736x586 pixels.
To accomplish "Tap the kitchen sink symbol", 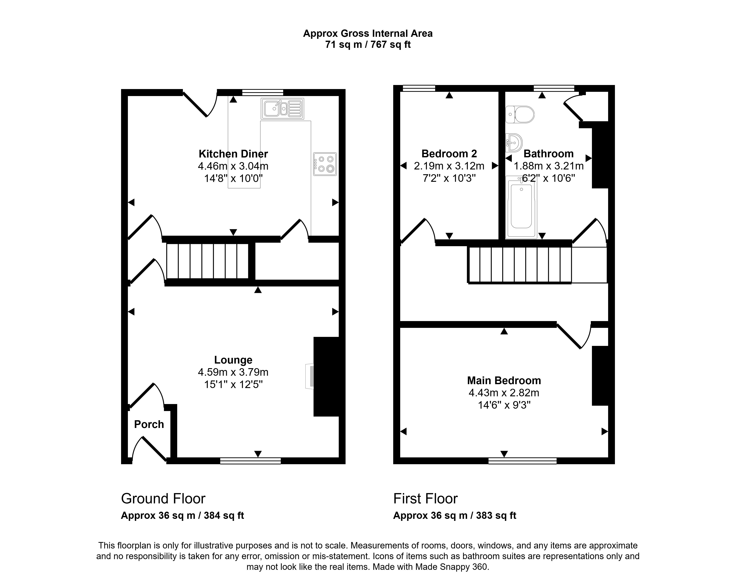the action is pyautogui.click(x=282, y=109).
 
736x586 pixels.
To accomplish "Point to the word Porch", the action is pyautogui.click(x=149, y=424).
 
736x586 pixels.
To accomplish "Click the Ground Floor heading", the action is pyautogui.click(x=163, y=499).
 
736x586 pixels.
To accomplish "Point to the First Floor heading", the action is pyautogui.click(x=425, y=499).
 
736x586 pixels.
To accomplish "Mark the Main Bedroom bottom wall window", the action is pyautogui.click(x=522, y=461).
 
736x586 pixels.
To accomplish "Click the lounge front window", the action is pyautogui.click(x=251, y=461).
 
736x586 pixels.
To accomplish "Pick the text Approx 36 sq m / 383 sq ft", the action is pyautogui.click(x=455, y=515).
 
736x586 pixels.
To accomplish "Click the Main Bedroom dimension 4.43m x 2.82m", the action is pyautogui.click(x=504, y=393).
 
